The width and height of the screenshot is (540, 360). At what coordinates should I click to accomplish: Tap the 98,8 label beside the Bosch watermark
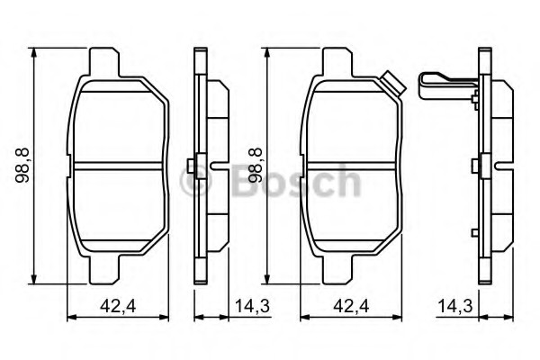[256, 166]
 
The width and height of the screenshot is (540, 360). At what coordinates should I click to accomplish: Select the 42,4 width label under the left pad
[118, 306]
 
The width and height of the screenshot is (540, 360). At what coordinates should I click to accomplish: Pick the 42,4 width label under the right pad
[351, 306]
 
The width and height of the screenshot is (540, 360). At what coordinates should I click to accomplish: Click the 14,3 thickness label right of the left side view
[252, 306]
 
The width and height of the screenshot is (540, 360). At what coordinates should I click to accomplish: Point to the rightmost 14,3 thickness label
[455, 306]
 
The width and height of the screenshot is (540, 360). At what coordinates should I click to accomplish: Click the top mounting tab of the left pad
[104, 61]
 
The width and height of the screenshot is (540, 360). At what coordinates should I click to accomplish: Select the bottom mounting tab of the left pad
[104, 270]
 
